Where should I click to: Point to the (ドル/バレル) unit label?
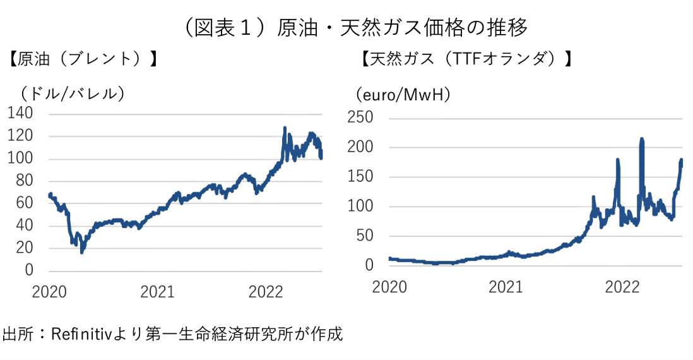click(70, 93)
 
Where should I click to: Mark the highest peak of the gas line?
click(641, 139)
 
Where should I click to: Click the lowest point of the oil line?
click(81, 252)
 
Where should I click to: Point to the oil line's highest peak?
click(285, 128)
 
